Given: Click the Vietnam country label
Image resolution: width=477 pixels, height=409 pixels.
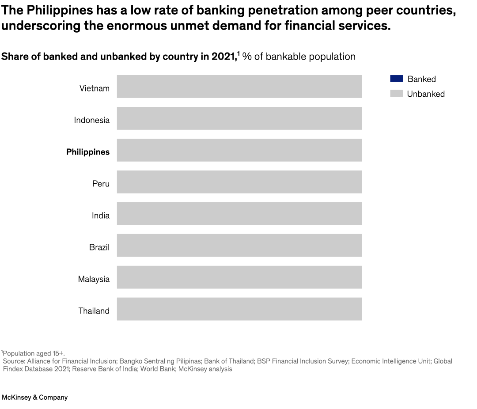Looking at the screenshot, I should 94,88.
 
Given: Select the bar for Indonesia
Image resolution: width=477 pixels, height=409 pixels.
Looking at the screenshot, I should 239,118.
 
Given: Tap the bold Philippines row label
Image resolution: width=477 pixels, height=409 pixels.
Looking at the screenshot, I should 88,152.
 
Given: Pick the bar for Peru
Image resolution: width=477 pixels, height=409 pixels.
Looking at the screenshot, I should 239,182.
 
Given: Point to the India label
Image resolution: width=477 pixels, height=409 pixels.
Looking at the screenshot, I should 101,216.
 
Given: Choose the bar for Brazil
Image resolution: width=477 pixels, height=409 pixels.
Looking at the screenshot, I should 239,246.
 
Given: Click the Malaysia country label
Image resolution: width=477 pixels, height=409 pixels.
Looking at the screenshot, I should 94,279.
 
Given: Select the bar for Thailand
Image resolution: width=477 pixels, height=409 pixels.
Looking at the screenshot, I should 239,309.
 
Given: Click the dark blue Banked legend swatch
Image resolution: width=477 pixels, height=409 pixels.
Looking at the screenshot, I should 396,79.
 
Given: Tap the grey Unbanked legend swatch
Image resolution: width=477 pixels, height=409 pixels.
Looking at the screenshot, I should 396,94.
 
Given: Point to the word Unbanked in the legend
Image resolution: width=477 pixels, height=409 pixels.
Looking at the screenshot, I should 426,94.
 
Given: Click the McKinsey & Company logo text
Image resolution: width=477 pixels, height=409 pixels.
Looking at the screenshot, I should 35,398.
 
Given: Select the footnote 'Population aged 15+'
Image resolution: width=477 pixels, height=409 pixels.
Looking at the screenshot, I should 34,353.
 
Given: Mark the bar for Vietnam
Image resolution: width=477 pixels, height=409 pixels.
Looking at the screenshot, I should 239,87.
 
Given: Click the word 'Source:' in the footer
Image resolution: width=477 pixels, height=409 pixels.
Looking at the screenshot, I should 14,361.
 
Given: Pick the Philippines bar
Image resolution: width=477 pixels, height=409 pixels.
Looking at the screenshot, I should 239,150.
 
